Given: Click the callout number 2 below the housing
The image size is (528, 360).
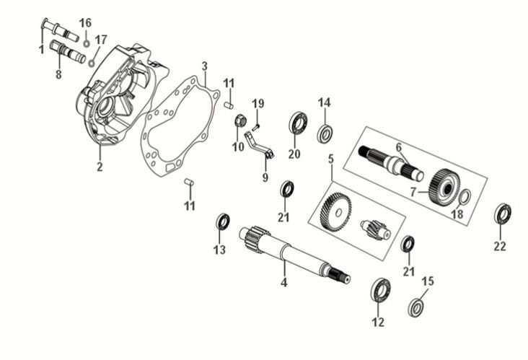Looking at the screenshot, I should [100, 167].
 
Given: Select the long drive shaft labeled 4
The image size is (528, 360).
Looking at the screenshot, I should [289, 253].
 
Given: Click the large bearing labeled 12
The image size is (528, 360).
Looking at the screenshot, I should [380, 289].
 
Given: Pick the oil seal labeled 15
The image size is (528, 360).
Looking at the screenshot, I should [416, 306].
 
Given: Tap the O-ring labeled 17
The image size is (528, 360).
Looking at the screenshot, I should [92, 62].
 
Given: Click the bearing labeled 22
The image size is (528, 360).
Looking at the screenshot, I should [502, 214].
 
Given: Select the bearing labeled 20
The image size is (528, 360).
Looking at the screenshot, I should [297, 123].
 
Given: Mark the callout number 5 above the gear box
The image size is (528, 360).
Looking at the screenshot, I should [331, 157].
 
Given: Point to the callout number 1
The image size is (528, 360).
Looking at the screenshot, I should [41, 49].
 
